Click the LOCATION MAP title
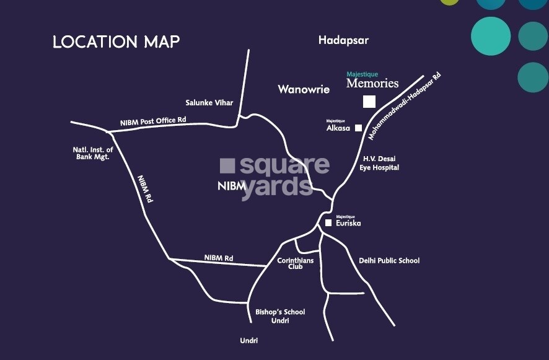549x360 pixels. coord(116,42)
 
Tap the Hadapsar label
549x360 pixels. coord(343,40)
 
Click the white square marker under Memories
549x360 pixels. coord(369,102)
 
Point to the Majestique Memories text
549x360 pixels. coord(372,81)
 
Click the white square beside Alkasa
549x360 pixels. coord(358,128)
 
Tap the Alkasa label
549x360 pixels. coord(338,128)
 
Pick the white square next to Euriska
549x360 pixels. coord(328,222)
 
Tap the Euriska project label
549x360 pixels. coord(348,223)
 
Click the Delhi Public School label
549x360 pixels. coord(389,260)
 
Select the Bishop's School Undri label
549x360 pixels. coord(280,316)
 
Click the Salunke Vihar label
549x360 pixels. coord(209,102)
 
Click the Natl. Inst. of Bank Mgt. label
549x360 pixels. coord(94,153)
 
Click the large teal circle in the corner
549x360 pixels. coord(491,35)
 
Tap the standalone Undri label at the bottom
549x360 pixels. coord(249,341)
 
